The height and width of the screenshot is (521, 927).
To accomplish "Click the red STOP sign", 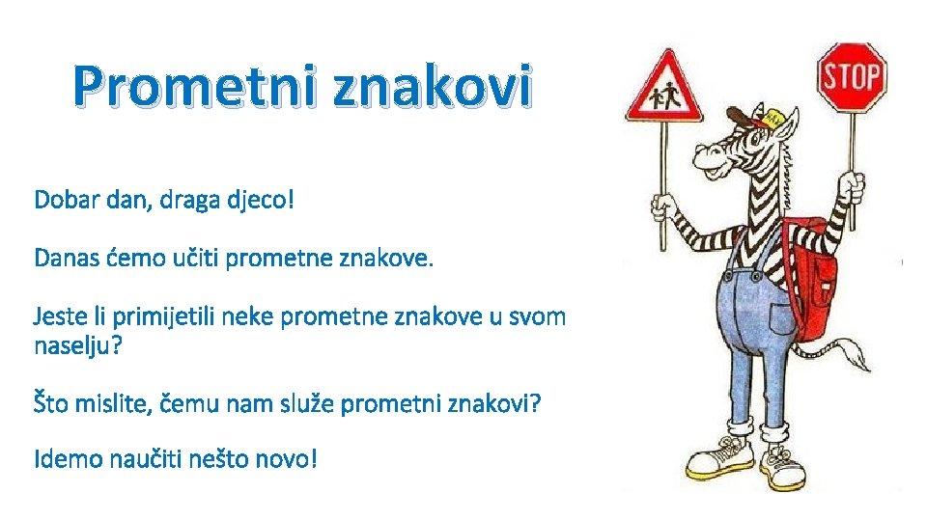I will coord(853,76).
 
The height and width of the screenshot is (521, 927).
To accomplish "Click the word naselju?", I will coord(78,344).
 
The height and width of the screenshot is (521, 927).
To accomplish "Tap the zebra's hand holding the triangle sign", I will coord(662,205).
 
